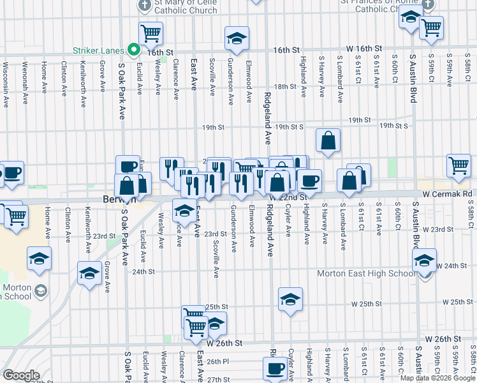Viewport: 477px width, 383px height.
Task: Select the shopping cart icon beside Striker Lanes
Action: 151,33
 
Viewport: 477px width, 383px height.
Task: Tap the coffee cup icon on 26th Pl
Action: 275,368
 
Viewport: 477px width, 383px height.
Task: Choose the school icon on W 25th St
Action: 290,299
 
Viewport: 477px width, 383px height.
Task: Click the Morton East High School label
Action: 366,274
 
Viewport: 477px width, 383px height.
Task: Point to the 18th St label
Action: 281,86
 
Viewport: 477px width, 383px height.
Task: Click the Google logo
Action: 21,375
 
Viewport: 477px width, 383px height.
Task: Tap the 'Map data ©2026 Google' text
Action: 437,378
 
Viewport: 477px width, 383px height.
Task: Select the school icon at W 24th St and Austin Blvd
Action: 424,260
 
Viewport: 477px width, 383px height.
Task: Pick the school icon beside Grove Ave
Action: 89,273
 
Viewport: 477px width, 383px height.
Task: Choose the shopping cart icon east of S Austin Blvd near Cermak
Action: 459,166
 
